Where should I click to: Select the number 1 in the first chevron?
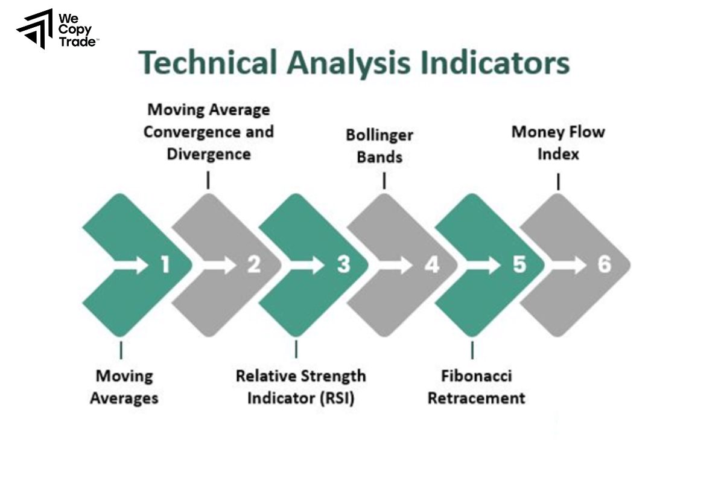pyautogui.click(x=164, y=265)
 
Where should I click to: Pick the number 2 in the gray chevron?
pyautogui.click(x=253, y=265)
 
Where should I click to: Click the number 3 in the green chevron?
pyautogui.click(x=343, y=265)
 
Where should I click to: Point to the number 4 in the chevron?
pyautogui.click(x=431, y=265)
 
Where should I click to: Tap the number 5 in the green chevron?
pyautogui.click(x=519, y=265)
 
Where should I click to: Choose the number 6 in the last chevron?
pyautogui.click(x=605, y=265)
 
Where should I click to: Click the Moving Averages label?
pyautogui.click(x=124, y=387)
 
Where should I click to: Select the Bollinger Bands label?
pyautogui.click(x=379, y=146)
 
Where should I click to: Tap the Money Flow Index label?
pyautogui.click(x=558, y=142)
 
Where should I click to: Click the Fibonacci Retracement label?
pyautogui.click(x=476, y=387)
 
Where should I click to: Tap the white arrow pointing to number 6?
pyautogui.click(x=570, y=265)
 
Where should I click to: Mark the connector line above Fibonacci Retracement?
pyautogui.click(x=472, y=350)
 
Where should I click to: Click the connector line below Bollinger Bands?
pyautogui.click(x=384, y=181)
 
